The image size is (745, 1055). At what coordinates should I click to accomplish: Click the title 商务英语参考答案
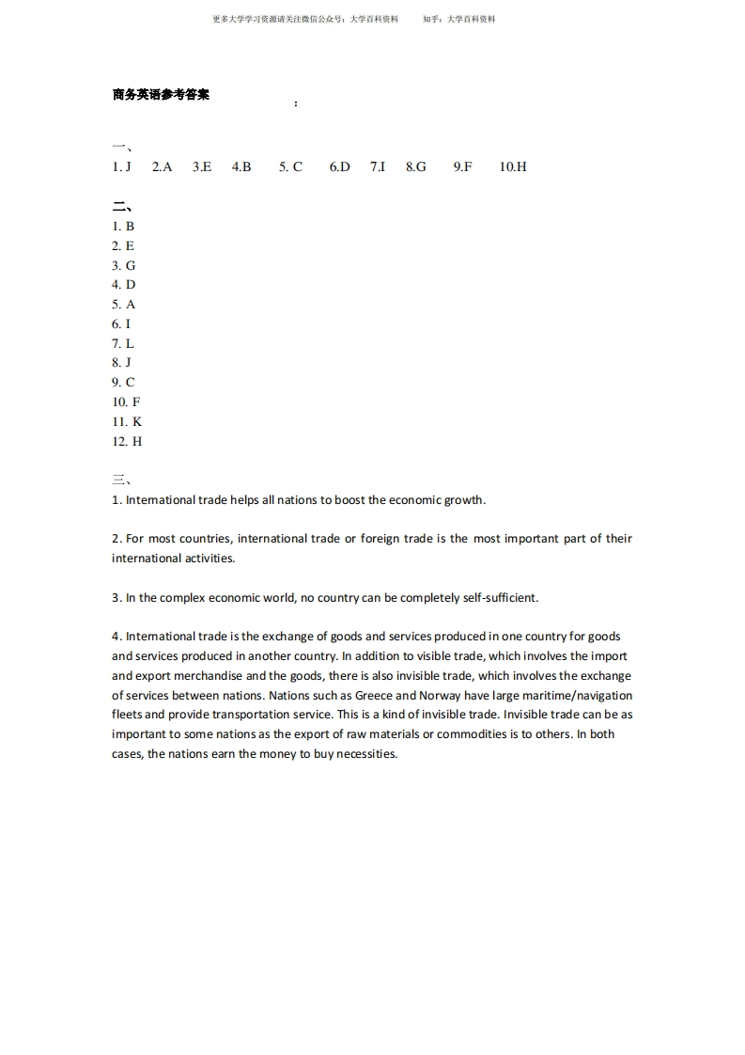161,95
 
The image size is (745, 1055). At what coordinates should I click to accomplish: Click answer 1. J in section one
121,166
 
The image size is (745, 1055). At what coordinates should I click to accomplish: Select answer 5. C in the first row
290,166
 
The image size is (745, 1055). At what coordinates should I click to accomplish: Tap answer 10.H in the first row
513,166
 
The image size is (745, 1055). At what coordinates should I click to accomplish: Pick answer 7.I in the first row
378,166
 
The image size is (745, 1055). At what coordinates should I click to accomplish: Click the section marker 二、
122,207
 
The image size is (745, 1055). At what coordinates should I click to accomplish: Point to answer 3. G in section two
124,265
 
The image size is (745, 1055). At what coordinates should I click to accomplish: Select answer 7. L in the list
123,343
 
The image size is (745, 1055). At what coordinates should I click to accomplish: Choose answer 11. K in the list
127,421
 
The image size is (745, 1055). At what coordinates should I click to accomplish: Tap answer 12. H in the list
127,441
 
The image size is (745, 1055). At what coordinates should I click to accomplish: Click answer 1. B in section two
123,226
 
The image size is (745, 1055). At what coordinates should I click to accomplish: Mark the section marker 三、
122,480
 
